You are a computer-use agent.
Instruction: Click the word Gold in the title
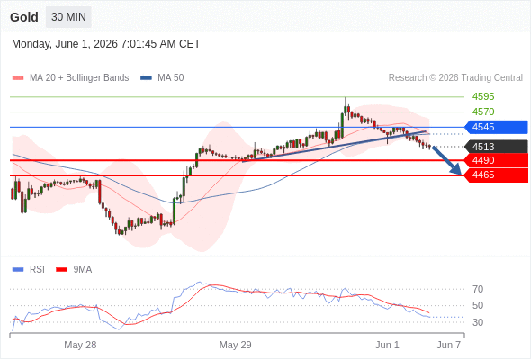pyautogui.click(x=24, y=17)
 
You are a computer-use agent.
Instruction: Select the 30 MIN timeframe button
pyautogui.click(x=68, y=17)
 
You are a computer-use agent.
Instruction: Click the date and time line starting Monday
pyautogui.click(x=106, y=44)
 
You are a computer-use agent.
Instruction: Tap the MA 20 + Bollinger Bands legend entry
pyautogui.click(x=70, y=78)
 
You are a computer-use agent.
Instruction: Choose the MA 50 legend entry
pyautogui.click(x=162, y=78)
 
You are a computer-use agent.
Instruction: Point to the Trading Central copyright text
pyautogui.click(x=455, y=78)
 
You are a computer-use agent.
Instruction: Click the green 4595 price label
pyautogui.click(x=483, y=96)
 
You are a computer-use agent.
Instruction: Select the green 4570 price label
pyautogui.click(x=483, y=112)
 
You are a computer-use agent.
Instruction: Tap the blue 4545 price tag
pyautogui.click(x=496, y=127)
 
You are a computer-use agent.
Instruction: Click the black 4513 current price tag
pyautogui.click(x=496, y=147)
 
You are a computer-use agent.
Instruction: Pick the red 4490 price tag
pyautogui.click(x=496, y=160)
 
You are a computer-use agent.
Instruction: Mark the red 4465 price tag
pyautogui.click(x=496, y=175)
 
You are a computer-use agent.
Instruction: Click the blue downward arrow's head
pyautogui.click(x=458, y=170)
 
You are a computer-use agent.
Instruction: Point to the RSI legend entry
pyautogui.click(x=29, y=270)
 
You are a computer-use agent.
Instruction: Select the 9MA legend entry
pyautogui.click(x=74, y=270)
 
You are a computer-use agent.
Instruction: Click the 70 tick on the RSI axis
pyautogui.click(x=478, y=289)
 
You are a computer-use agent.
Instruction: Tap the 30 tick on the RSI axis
pyautogui.click(x=478, y=322)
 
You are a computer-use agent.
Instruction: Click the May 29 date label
pyautogui.click(x=236, y=345)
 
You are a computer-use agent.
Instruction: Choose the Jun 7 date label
pyautogui.click(x=449, y=345)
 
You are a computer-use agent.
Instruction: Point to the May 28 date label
pyautogui.click(x=80, y=345)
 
